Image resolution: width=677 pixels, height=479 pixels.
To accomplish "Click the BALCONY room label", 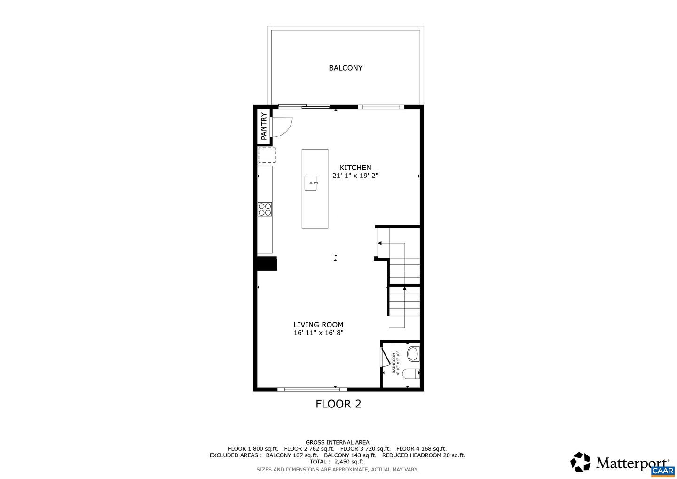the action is tap(346, 68).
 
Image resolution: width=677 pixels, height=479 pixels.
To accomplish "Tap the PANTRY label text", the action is tap(264, 126).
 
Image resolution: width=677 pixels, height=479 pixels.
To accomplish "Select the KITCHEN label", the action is tap(355, 168).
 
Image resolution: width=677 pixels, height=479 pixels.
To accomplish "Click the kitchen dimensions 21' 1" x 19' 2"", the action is tap(355, 176).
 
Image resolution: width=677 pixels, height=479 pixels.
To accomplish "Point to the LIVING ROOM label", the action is tap(319, 325).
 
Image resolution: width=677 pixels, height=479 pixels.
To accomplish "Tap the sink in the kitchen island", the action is tap(311, 183).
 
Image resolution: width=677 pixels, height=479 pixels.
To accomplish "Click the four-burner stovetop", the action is tap(265, 209).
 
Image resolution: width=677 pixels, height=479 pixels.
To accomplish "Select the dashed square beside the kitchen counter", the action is tap(267, 155).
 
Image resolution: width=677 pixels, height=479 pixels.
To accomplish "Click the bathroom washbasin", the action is tap(413, 354).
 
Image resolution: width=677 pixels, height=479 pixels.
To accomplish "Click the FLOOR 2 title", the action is tap(338, 404).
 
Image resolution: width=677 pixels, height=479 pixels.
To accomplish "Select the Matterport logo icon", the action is tap(580, 462).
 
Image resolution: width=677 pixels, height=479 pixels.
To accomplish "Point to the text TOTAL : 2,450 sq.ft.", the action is tap(337, 462).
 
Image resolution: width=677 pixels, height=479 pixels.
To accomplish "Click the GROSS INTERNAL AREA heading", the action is tap(337, 442).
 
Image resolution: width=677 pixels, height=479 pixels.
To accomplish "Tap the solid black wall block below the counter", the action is tap(266, 263).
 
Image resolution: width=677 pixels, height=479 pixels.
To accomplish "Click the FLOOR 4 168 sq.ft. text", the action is tap(421, 449).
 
